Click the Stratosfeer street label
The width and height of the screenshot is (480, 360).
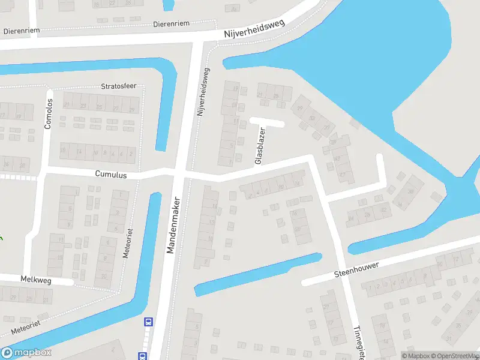[x=119, y=86]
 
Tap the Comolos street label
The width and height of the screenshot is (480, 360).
[x=49, y=113]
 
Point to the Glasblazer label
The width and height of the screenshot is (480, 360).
[x=260, y=146]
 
